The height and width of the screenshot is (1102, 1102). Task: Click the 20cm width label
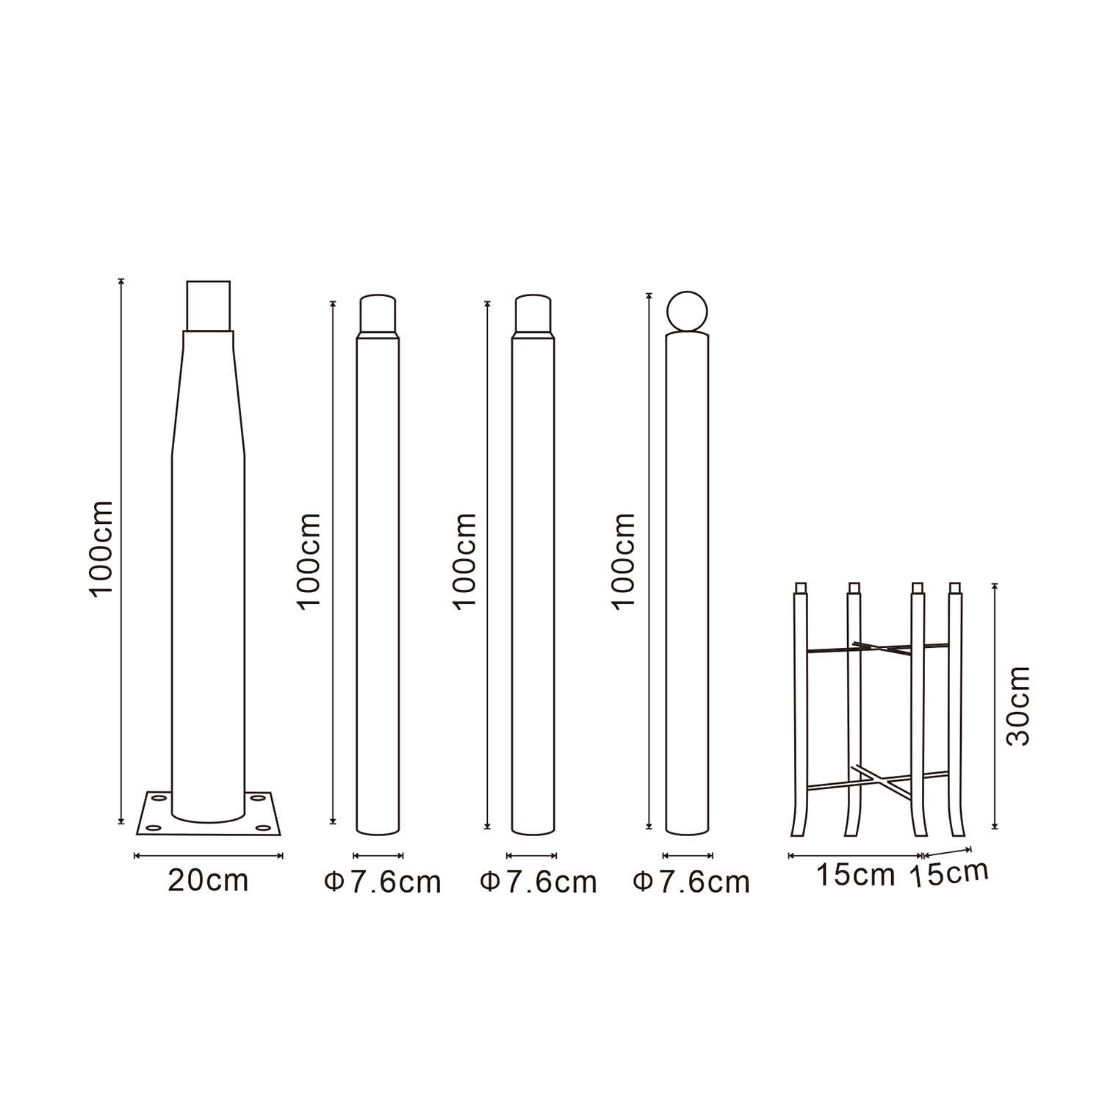(x=209, y=881)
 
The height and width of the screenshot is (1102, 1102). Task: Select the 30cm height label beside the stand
(x=1018, y=705)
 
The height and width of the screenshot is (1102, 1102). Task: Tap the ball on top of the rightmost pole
(x=687, y=312)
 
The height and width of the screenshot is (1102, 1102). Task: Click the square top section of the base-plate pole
(x=209, y=306)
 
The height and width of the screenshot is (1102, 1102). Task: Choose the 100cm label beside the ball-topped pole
(x=624, y=561)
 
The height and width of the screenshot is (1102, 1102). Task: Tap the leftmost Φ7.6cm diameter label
(x=383, y=882)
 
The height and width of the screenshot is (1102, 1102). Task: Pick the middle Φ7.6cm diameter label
(x=539, y=882)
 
